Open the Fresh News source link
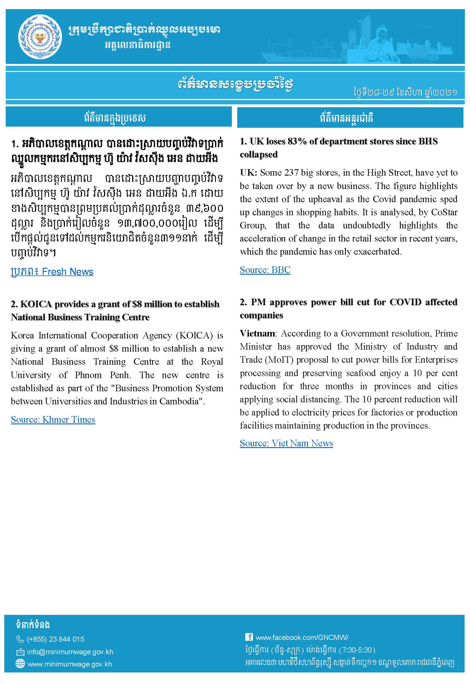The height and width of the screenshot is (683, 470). [52, 271]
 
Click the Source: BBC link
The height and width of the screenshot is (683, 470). [265, 270]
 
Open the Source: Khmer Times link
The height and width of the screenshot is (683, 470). [53, 419]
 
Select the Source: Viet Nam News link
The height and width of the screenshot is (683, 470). [286, 443]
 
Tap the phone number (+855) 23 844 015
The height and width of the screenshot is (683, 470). [55, 639]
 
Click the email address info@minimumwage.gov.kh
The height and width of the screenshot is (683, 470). [70, 652]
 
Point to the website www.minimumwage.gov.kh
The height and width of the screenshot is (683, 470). [70, 664]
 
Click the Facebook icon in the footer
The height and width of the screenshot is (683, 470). [249, 637]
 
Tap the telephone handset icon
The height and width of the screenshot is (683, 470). [20, 639]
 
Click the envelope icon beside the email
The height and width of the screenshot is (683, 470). [20, 652]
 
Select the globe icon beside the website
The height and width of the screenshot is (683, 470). [20, 664]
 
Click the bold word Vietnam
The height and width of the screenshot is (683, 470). [258, 333]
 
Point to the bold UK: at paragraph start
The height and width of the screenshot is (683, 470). [249, 173]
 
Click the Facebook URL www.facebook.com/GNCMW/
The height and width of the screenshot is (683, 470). [302, 637]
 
